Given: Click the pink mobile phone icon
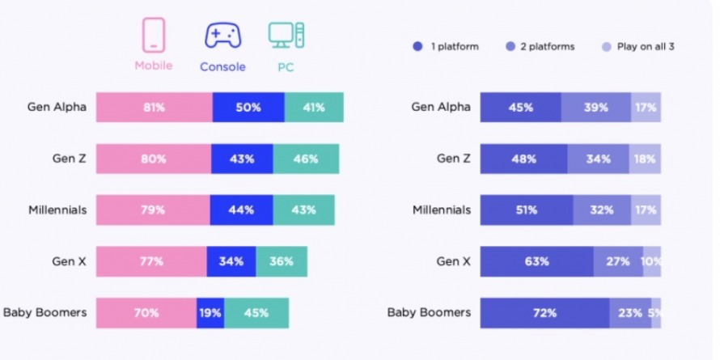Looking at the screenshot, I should tap(154, 35).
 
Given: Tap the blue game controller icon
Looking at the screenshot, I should tap(222, 36).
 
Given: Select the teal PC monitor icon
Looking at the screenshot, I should tap(287, 35).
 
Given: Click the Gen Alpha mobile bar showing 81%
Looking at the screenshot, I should tap(154, 107).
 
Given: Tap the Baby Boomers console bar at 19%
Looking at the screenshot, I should tap(210, 312).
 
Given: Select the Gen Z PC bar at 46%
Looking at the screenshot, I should tap(306, 159).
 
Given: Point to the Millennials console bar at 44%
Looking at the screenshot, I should tap(241, 210).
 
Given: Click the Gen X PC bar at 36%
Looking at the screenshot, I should tap(281, 261).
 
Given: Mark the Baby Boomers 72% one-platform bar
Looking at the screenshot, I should tap(544, 312).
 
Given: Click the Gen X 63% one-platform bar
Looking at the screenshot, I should tap(536, 261).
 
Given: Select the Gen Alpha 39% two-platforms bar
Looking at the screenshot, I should tap(595, 107).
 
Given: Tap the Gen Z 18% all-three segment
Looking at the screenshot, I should tap(646, 159).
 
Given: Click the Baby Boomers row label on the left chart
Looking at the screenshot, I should tap(45, 312).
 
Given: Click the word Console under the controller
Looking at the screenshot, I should tap(222, 67).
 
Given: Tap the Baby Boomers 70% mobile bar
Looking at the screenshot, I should tap(146, 312).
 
